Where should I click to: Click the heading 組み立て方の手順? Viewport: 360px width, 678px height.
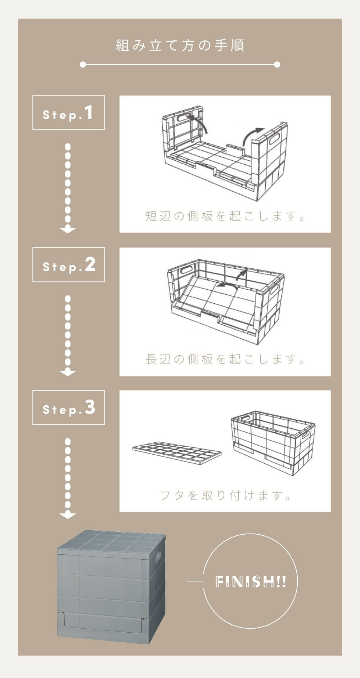(180, 45)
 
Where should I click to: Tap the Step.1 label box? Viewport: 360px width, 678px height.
(69, 113)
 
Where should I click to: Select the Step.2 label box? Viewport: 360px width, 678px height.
(69, 265)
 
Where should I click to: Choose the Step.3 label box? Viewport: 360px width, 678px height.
(69, 407)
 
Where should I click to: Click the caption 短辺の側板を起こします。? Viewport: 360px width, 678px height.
(225, 216)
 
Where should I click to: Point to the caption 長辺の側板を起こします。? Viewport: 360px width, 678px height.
(225, 359)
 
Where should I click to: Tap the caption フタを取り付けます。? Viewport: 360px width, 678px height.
(225, 495)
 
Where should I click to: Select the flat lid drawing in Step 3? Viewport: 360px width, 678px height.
(177, 452)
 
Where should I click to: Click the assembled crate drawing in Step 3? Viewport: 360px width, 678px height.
(273, 443)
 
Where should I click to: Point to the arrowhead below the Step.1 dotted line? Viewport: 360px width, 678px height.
(68, 230)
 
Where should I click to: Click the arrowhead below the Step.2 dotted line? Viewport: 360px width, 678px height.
(68, 373)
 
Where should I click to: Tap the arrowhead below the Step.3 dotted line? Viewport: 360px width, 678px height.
(68, 515)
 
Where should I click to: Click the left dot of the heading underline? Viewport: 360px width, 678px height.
(83, 64)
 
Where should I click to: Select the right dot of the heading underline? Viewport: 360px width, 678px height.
(277, 64)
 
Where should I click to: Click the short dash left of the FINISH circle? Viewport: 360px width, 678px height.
(194, 581)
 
